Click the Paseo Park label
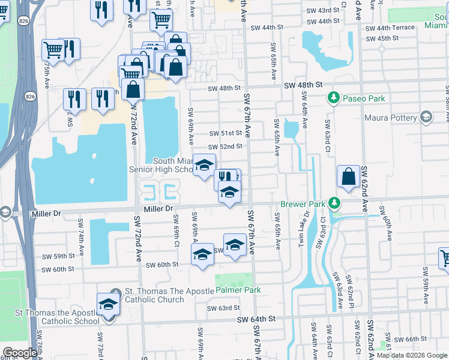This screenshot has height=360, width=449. coord(363,98)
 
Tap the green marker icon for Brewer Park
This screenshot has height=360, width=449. coord(334,204)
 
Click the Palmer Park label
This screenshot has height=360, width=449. coord(238,290)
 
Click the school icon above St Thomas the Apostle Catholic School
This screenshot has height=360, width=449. coord(108,304)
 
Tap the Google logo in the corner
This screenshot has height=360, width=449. coord(20,353)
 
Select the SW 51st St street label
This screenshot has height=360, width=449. coord(225,133)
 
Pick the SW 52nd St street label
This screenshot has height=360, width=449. coord(225,147)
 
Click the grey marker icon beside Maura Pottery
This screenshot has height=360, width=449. coord(427,116)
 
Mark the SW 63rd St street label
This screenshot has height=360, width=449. coord(223,308)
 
